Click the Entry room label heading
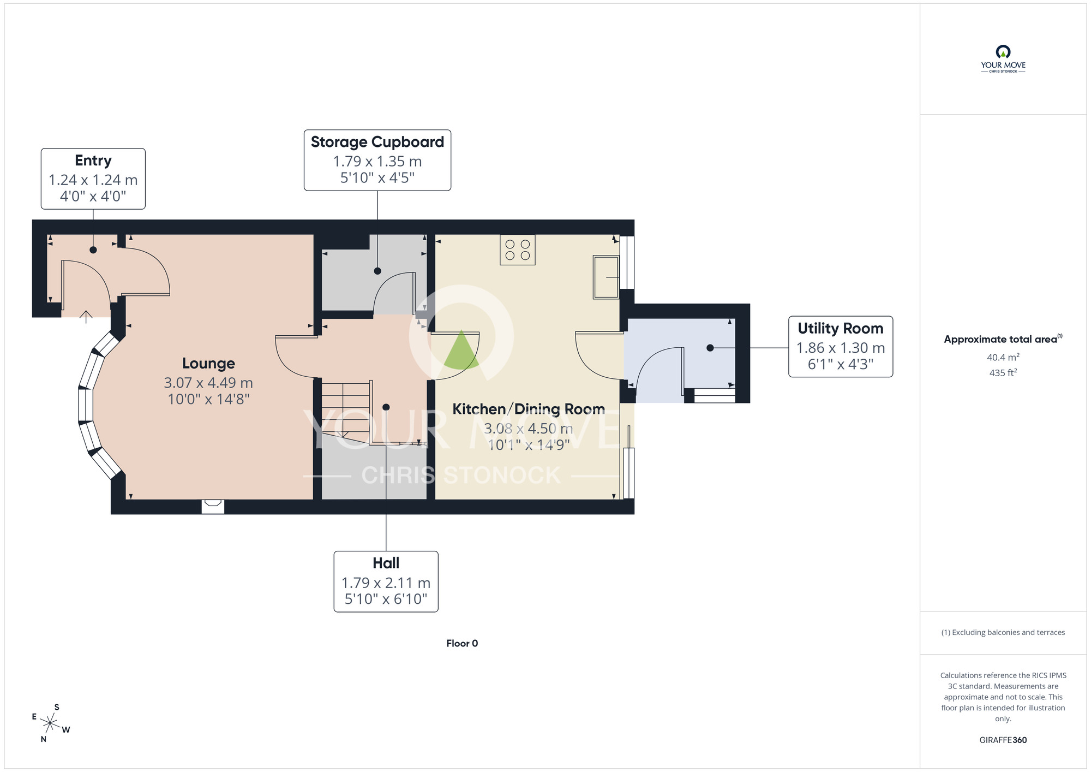(93, 161)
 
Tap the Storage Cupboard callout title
(377, 142)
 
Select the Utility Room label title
(841, 328)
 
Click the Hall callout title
(386, 563)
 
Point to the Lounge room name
(208, 364)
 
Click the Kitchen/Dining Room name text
(529, 409)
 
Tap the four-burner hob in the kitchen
(518, 250)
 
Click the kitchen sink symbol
(606, 277)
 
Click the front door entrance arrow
(86, 317)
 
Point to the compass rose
(50, 724)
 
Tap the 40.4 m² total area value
(1003, 357)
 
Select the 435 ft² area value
(1003, 372)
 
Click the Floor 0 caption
(462, 643)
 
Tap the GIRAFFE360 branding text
(1003, 740)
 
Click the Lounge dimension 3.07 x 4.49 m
(208, 383)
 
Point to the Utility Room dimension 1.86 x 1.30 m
(841, 348)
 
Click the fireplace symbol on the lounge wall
(213, 507)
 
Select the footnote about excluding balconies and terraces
(1003, 632)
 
